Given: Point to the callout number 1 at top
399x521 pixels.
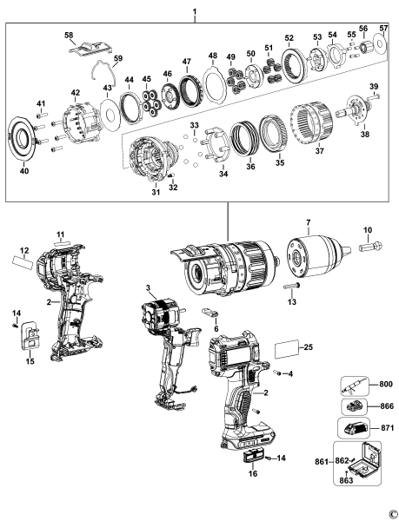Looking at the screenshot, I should [x=194, y=12].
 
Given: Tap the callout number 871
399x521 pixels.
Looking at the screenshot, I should [x=387, y=429].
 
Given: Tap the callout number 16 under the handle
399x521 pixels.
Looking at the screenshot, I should [x=253, y=475].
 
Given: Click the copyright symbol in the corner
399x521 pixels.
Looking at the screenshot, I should [x=393, y=513].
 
